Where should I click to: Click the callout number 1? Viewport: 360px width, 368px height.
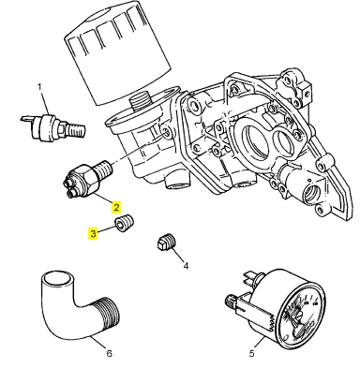(x=40, y=87)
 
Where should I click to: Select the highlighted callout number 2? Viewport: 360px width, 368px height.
(x=116, y=206)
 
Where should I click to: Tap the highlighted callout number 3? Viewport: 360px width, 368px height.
(x=94, y=234)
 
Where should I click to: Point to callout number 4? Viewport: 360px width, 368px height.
(x=185, y=266)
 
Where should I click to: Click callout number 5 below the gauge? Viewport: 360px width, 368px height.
(x=251, y=354)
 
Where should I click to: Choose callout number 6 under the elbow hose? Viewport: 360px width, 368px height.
(x=109, y=354)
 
